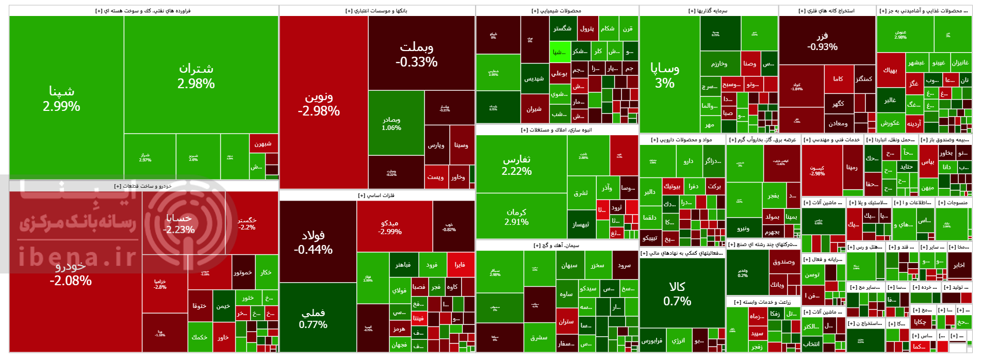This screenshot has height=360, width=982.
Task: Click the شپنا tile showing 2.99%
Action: pyautogui.click(x=61, y=99)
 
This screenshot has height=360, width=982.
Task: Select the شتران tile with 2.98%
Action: pyautogui.click(x=196, y=76)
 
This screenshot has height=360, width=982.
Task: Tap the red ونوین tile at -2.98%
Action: pyautogui.click(x=319, y=104)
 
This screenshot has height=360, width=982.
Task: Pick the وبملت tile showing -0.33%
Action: pyautogui.click(x=417, y=54)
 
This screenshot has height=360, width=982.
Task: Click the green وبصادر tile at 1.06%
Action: pyautogui.click(x=391, y=123)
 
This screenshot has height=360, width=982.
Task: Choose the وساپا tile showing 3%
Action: pyautogui.click(x=665, y=75)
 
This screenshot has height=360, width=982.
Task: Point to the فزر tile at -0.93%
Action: pyautogui.click(x=822, y=42)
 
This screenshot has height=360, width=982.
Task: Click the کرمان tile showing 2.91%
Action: pyautogui.click(x=516, y=217)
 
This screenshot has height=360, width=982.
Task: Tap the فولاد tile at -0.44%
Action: pyautogui.click(x=313, y=242)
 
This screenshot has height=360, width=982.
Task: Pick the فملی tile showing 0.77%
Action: pyautogui.click(x=313, y=318)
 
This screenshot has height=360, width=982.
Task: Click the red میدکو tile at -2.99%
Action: pyautogui.click(x=390, y=227)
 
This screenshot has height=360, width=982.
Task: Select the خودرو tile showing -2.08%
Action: pyautogui.click(x=71, y=273)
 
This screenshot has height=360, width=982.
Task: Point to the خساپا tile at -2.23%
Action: pyautogui.click(x=179, y=223)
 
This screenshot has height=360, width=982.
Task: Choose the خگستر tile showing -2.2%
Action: pyautogui.click(x=247, y=223)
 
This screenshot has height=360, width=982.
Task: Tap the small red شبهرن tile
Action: pyautogui.click(x=263, y=144)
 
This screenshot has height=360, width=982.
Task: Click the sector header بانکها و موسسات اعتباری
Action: pyautogui.click(x=377, y=11)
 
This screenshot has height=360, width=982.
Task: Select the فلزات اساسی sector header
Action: pyautogui.click(x=377, y=195)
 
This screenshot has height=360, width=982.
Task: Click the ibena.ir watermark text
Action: pyautogui.click(x=77, y=256)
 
